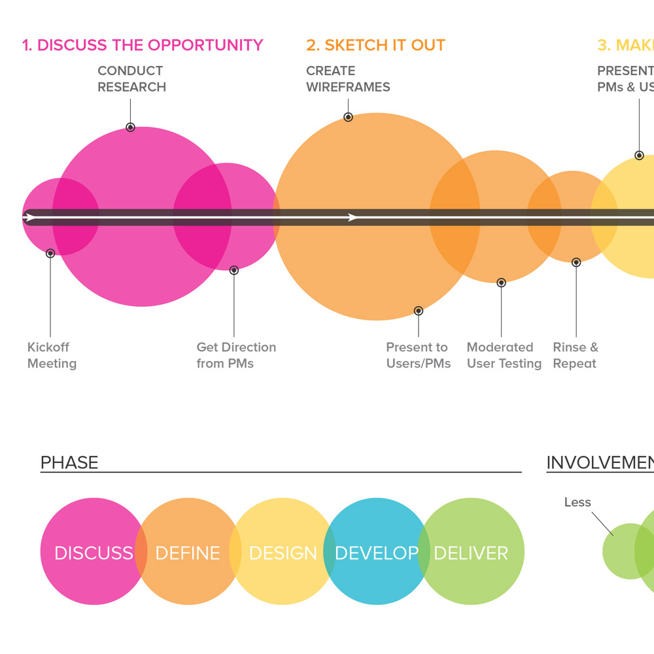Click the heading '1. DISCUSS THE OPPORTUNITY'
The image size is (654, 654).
point(143,45)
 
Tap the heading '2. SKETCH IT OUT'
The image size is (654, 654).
point(375,45)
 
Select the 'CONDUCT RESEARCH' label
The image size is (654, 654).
point(131,78)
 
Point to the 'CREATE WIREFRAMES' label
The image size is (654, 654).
point(348,78)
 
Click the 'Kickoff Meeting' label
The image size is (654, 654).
point(52,355)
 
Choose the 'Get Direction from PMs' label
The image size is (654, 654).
point(236,355)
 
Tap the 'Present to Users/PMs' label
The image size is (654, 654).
point(418,355)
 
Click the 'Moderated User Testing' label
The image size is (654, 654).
point(504,355)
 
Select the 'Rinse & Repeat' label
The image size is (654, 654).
point(576,355)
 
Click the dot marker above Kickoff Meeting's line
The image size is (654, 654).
point(50,253)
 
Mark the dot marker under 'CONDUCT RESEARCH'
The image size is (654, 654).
point(131,127)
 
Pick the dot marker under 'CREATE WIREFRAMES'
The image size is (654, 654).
point(349,117)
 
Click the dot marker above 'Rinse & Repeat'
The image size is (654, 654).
point(576,262)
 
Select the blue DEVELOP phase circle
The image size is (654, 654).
point(376,523)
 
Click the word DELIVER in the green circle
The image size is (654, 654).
point(471,553)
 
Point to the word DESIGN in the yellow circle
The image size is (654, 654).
point(283,553)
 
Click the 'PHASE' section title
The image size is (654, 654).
point(69,462)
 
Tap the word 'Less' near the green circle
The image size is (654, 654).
point(577,502)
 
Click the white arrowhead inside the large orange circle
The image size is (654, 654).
point(353,217)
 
